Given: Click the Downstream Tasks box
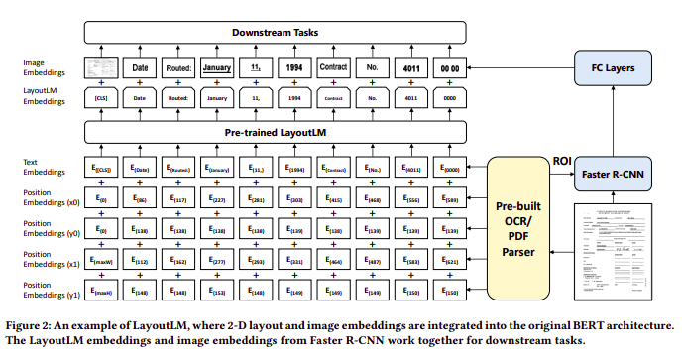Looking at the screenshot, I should (x=275, y=32).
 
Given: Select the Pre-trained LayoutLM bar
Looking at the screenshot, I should (x=275, y=131).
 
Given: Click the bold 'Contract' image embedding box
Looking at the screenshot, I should (x=334, y=68).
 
